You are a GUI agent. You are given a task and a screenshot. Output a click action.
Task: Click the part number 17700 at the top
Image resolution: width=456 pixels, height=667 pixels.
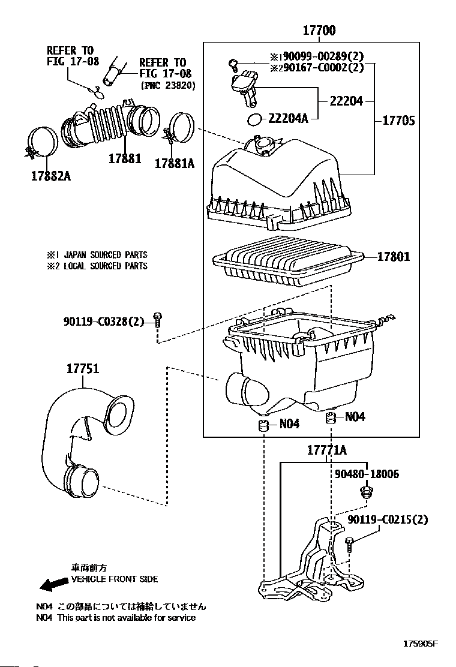tap(319, 30)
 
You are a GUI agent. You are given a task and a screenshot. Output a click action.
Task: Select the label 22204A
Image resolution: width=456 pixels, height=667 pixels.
tap(288, 118)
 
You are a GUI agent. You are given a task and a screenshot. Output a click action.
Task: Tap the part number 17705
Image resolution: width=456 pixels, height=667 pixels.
tap(398, 121)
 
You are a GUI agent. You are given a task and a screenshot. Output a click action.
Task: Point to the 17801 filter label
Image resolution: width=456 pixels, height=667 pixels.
tap(394, 256)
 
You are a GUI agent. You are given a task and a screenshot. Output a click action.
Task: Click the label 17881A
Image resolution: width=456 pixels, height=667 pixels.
tap(175, 163)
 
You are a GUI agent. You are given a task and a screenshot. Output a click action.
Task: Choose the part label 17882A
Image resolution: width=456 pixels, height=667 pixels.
tap(51, 176)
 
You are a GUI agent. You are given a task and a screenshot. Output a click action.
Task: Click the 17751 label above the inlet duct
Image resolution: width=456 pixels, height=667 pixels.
tap(83, 368)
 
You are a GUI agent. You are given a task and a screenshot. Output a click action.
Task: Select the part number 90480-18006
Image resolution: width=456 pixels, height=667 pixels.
tap(367, 474)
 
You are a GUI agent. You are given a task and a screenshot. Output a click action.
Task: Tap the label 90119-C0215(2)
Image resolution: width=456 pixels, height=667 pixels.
tap(388, 519)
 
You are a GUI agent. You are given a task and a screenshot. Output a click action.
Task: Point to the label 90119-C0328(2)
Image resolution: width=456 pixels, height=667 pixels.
tap(104, 322)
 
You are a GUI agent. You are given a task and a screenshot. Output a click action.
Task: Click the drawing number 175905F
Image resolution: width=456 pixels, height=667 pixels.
tap(420, 644)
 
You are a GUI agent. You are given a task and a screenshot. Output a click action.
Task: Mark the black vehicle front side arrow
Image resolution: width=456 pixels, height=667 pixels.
tap(54, 584)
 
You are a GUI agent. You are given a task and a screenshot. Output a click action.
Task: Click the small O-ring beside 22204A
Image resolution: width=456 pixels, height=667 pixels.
tap(254, 120)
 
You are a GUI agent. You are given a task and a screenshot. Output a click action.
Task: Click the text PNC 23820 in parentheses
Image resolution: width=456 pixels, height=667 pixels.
tap(167, 85)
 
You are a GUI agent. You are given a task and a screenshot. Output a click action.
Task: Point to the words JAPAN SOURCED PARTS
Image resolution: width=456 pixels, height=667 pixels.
tap(106, 255)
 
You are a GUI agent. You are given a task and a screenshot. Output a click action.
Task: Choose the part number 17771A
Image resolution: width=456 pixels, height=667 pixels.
tap(327, 450)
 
